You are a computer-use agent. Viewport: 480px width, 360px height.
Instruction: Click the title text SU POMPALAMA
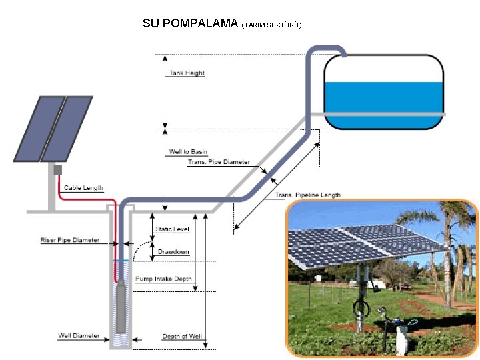pos(190,24)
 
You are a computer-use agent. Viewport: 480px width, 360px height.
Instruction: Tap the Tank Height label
pos(187,73)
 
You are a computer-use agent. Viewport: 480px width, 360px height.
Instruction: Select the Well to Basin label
pos(188,152)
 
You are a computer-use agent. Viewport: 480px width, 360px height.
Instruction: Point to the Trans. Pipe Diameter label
pos(219,162)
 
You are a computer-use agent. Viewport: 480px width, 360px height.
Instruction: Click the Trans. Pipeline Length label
pos(308,195)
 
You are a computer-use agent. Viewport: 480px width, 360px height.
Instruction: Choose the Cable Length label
pos(83,188)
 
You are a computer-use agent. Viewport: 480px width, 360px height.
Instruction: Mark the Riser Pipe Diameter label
pos(69,240)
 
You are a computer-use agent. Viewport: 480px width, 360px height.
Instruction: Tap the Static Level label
pos(173,229)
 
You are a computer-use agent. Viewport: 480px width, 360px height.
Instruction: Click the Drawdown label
pos(173,252)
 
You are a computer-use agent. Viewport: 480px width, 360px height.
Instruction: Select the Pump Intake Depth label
pos(163,279)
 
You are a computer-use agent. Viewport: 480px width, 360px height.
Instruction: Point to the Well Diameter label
pos(79,336)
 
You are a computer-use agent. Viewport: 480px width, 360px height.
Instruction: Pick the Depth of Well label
pos(182,337)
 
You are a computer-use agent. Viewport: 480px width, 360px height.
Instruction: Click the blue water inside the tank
pos(383,97)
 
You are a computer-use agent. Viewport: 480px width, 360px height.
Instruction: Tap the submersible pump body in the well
pos(121,307)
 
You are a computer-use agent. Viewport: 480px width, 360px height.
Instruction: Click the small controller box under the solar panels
pos(57,169)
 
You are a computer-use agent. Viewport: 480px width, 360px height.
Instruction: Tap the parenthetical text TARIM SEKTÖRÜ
pos(272,25)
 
